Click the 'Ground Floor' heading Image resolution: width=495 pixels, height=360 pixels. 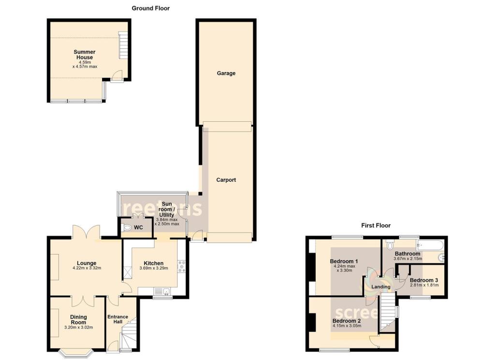coord(151,8)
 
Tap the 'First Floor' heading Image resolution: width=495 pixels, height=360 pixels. coord(376,225)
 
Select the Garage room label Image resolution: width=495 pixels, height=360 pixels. coord(226,73)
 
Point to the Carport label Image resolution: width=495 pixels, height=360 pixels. coord(226,180)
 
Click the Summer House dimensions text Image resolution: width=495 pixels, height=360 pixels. coord(85,64)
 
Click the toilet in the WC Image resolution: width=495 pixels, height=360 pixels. coord(128,227)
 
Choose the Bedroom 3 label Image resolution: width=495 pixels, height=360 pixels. coord(424,280)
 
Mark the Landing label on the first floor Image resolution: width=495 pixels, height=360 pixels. coord(380,287)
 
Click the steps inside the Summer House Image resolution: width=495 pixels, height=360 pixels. coord(124,46)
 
